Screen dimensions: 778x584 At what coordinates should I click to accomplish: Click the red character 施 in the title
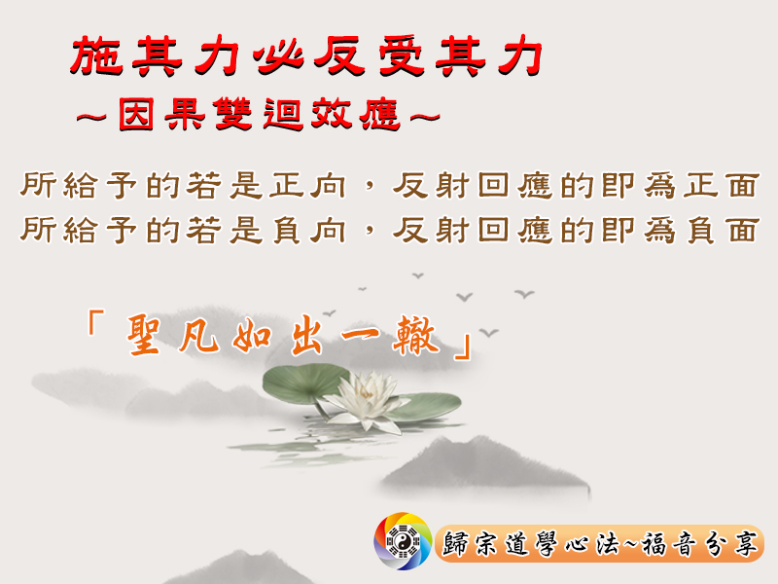click(96, 55)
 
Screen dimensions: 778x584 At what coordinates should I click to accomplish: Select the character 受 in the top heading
click(401, 56)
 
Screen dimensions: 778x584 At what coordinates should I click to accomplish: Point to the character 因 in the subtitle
click(136, 114)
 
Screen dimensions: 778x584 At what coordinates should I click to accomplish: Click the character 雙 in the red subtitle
click(233, 114)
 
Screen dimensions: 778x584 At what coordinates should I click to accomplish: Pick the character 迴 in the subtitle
click(283, 114)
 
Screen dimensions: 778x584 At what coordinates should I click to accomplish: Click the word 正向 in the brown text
click(308, 186)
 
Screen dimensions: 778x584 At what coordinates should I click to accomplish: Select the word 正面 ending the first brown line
click(722, 186)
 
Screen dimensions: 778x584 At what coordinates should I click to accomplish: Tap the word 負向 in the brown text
click(308, 231)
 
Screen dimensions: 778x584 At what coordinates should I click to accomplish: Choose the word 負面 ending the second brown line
click(723, 231)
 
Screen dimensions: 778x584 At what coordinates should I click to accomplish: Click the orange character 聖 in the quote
click(143, 335)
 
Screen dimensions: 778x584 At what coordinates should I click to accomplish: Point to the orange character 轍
click(416, 336)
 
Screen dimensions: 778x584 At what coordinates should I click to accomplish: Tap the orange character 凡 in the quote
click(199, 336)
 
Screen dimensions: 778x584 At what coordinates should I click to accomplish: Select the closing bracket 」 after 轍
click(464, 347)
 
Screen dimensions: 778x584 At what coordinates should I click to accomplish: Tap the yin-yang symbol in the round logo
click(403, 542)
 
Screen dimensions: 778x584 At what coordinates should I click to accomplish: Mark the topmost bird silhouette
click(418, 275)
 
